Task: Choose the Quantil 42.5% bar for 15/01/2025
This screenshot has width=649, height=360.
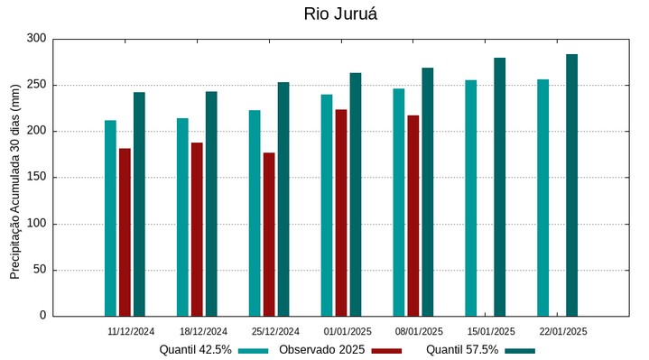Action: [x=470, y=198]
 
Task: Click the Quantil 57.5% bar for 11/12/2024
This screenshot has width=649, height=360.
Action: [x=139, y=204]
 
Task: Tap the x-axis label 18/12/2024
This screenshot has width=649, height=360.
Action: [x=203, y=332]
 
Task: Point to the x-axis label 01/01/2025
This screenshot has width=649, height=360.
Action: [x=348, y=332]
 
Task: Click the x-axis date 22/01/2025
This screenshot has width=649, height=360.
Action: [x=563, y=332]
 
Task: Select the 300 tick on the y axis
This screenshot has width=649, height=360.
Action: [x=36, y=39]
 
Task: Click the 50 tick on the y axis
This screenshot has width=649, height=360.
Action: [x=39, y=270]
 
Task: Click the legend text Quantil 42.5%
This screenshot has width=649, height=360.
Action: [x=196, y=350]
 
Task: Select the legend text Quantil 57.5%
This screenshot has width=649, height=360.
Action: [x=462, y=350]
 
